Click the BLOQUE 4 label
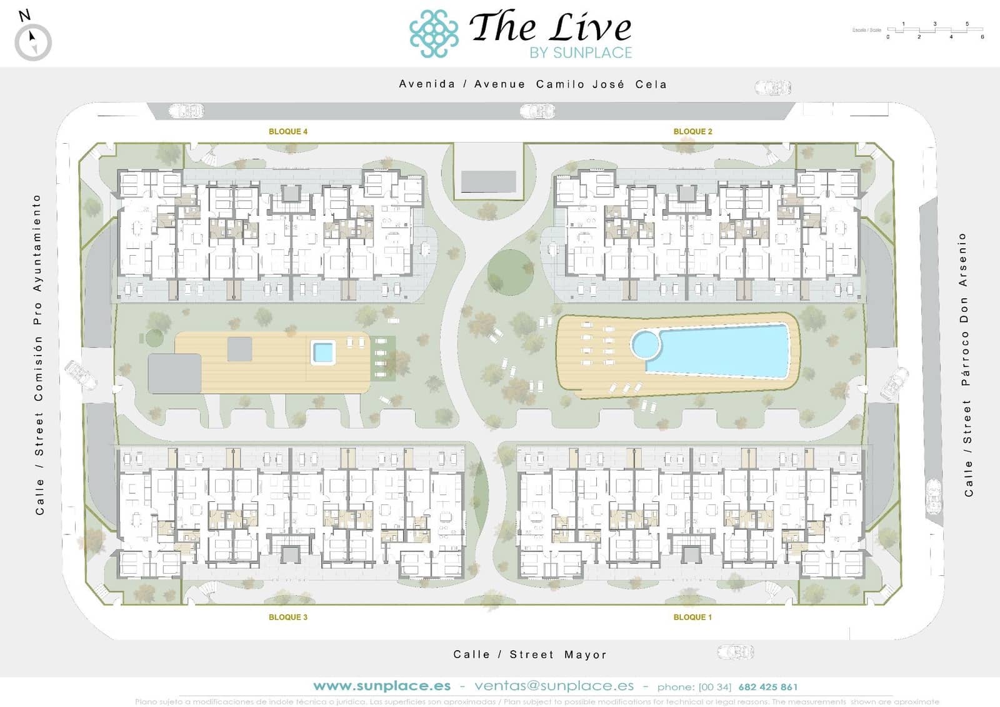pyautogui.click(x=287, y=131)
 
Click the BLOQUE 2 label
pyautogui.click(x=692, y=131)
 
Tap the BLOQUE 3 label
pyautogui.click(x=287, y=617)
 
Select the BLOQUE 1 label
pyautogui.click(x=692, y=617)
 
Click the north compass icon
pyautogui.click(x=32, y=41)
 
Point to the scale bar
pyautogui.click(x=935, y=30)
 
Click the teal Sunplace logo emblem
pyautogui.click(x=433, y=34)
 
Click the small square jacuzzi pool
pyautogui.click(x=323, y=353)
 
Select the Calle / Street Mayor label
pyautogui.click(x=530, y=654)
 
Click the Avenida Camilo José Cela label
pyautogui.click(x=532, y=84)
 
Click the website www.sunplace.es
pyautogui.click(x=382, y=686)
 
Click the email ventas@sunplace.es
pyautogui.click(x=554, y=686)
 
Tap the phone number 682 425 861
pyautogui.click(x=767, y=687)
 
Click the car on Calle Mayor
pyautogui.click(x=735, y=652)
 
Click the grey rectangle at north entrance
pyautogui.click(x=488, y=182)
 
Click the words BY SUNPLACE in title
pyautogui.click(x=581, y=53)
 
